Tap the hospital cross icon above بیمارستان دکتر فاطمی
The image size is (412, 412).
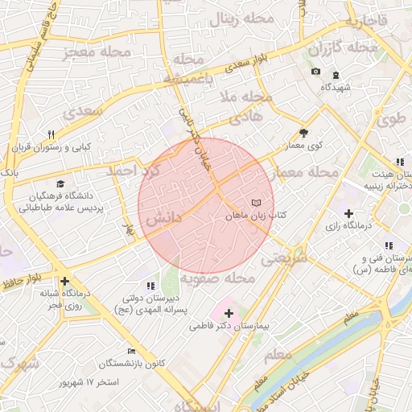point(229,313)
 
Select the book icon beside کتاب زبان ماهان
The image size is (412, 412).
point(257,204)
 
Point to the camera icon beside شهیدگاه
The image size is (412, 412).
point(315,72)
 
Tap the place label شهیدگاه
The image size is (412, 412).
point(337,87)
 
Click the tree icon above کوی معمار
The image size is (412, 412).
point(303,133)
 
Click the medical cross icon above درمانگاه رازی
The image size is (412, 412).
point(348,213)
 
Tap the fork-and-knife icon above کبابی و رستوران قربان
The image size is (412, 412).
point(50,134)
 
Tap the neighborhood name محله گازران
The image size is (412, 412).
point(342,48)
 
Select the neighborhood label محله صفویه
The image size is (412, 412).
point(216,278)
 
